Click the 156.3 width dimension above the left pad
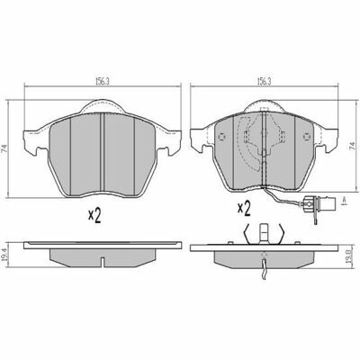103,81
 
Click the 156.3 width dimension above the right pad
265,81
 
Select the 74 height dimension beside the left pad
5,148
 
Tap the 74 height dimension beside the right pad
354,147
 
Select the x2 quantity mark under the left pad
94,215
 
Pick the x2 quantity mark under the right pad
244,209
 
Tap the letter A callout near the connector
345,201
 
